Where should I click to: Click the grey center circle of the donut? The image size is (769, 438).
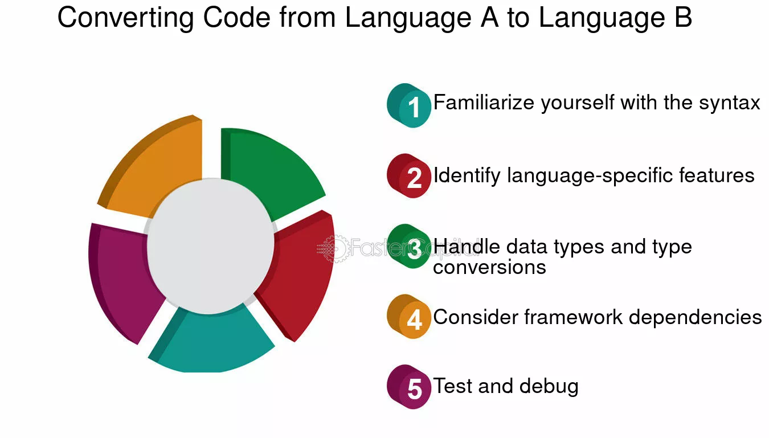210,246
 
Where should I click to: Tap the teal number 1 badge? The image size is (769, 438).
409,105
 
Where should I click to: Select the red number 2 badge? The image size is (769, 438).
409,176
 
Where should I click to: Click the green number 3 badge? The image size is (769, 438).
409,246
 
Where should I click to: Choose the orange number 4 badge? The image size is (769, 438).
409,317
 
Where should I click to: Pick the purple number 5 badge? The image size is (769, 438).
409,387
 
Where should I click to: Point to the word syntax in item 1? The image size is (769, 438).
729,103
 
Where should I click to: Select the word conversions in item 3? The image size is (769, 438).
489,267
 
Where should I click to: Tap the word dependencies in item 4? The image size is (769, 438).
695,317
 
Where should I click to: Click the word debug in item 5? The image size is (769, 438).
549,387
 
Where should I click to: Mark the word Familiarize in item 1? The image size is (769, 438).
484,103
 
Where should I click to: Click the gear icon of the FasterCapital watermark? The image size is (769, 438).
334,248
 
